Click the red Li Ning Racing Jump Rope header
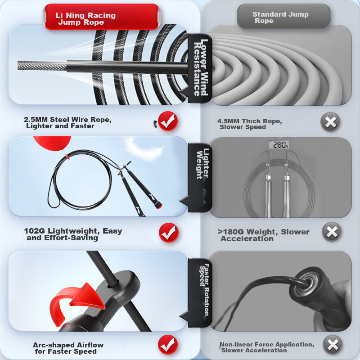(101, 17)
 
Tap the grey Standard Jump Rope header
(284, 16)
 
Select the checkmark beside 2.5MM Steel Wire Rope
(168, 121)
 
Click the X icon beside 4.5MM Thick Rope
(330, 121)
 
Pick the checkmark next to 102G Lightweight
(168, 233)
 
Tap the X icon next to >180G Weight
(332, 232)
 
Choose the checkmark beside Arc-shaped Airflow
(168, 345)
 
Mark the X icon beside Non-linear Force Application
(333, 345)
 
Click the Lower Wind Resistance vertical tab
(200, 68)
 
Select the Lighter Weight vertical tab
(200, 177)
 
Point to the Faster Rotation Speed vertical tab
(200, 292)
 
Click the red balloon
(52, 143)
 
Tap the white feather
(143, 149)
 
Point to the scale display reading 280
(279, 144)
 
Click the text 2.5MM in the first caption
(36, 120)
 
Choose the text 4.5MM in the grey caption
(228, 121)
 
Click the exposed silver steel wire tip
(42, 66)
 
